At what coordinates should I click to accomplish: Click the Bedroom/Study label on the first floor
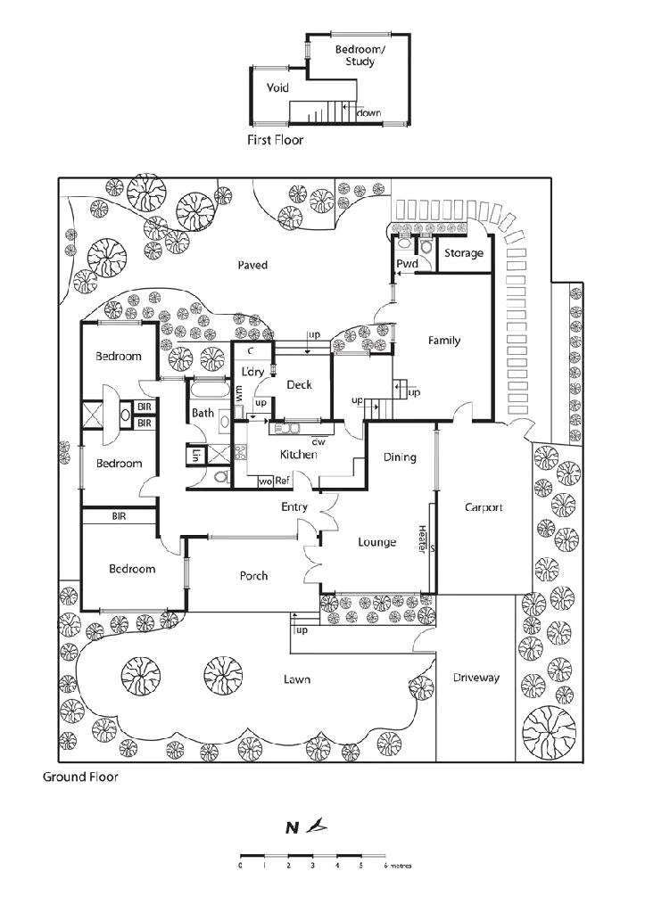[x=360, y=56]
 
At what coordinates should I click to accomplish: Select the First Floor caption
[x=275, y=141]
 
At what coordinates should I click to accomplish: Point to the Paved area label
[x=252, y=265]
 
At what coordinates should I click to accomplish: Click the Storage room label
[x=463, y=254]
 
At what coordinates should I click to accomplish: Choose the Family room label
[x=443, y=341]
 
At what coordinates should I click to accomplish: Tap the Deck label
[x=300, y=385]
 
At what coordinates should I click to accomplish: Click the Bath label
[x=203, y=413]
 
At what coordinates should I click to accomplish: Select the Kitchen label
[x=298, y=455]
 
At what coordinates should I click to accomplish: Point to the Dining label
[x=399, y=457]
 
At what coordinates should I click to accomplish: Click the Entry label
[x=294, y=507]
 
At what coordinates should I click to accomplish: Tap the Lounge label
[x=377, y=541]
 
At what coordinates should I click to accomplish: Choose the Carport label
[x=484, y=507]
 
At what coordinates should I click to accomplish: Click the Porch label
[x=253, y=577]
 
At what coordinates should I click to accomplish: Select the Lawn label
[x=297, y=679]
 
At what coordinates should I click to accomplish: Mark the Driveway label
[x=476, y=678]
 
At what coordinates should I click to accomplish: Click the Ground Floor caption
[x=80, y=777]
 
